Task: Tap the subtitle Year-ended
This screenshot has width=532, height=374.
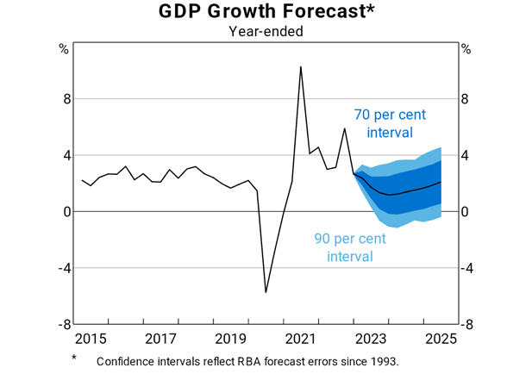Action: [x=266, y=32]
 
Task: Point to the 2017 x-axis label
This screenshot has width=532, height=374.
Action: [x=160, y=338]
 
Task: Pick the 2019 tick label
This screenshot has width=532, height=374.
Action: [x=230, y=338]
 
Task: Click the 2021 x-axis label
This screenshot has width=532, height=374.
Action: [x=300, y=338]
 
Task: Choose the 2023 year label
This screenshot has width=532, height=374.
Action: [x=371, y=338]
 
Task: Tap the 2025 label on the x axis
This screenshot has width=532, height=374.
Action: [x=441, y=338]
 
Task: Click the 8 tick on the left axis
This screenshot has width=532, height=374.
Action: [x=64, y=99]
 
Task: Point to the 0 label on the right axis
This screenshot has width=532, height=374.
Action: [x=466, y=212]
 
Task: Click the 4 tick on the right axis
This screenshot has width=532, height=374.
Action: [x=466, y=155]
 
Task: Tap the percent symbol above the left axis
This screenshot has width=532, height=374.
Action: [x=64, y=48]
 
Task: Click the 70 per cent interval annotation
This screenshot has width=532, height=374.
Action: [x=390, y=123]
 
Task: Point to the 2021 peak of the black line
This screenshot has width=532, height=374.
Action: [x=300, y=66]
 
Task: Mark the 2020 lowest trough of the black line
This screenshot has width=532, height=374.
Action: [x=266, y=292]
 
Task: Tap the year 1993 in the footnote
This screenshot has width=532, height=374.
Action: [x=383, y=360]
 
